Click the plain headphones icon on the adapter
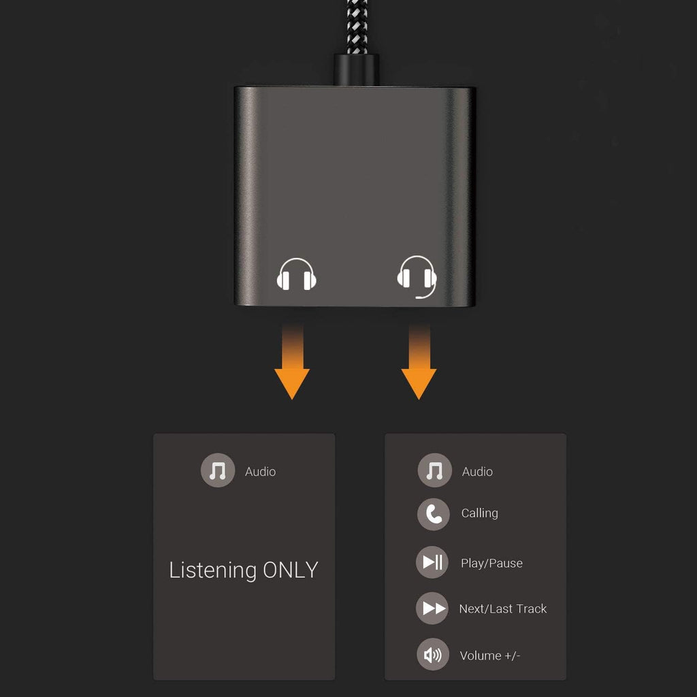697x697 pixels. [x=297, y=275]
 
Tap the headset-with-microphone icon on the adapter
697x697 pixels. [x=417, y=276]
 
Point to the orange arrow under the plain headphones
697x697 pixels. [x=292, y=368]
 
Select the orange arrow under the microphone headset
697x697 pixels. [x=419, y=368]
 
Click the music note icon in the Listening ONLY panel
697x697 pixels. [x=218, y=470]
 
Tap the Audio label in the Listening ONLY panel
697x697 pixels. [x=260, y=472]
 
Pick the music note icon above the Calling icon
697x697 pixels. [x=434, y=470]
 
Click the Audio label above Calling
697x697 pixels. [x=477, y=472]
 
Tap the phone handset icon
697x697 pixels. [x=434, y=514]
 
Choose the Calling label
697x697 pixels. [x=479, y=513]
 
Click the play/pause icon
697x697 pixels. [x=432, y=562]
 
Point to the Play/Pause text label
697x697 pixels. [x=491, y=564]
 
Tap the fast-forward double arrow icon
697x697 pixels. [x=432, y=608]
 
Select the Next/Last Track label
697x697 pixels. [x=502, y=609]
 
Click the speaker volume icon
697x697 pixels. [x=433, y=655]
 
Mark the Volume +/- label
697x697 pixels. [x=489, y=656]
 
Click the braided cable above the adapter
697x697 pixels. [x=356, y=24]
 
